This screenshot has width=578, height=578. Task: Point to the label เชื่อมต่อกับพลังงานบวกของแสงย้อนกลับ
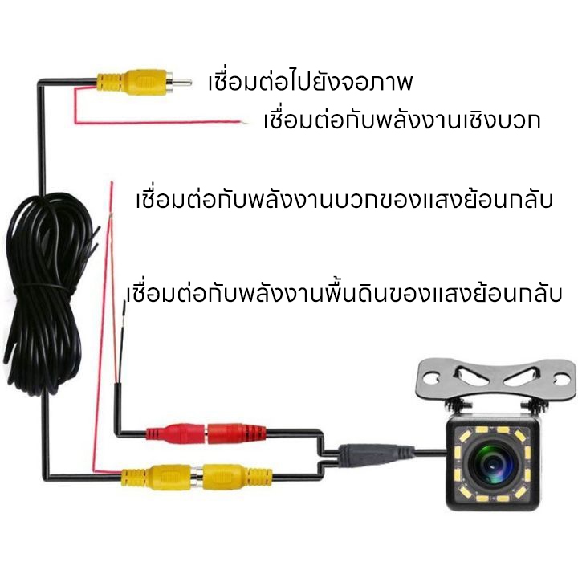344,199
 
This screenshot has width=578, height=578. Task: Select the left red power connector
176,433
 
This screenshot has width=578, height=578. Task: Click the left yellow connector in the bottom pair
157,478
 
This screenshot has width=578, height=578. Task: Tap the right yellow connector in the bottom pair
238,477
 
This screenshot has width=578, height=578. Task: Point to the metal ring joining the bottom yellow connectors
197,478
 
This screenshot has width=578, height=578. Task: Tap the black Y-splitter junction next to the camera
376,453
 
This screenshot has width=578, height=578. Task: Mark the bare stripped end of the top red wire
244,122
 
